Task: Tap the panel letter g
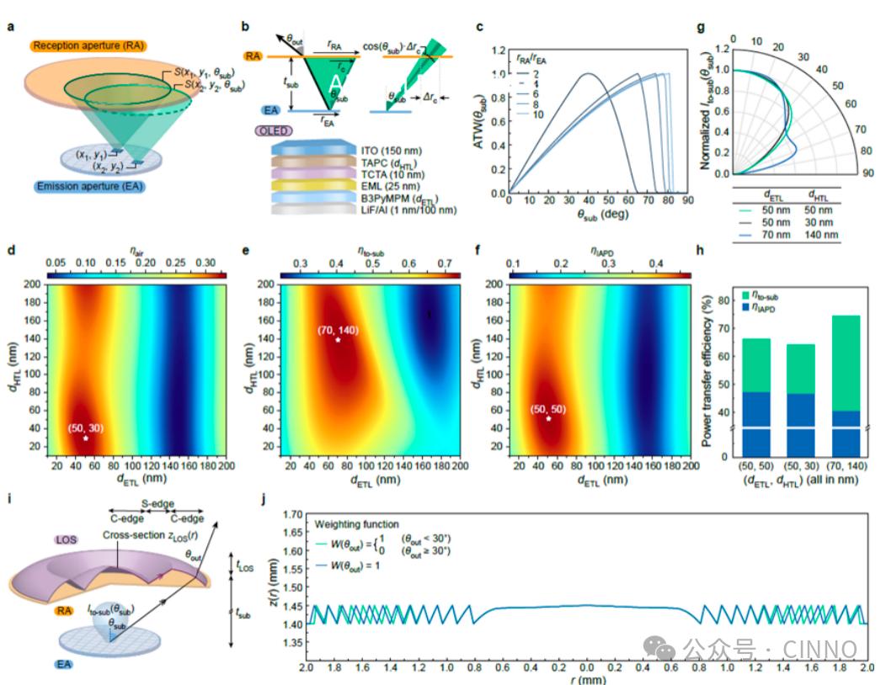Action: [x=703, y=26]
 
